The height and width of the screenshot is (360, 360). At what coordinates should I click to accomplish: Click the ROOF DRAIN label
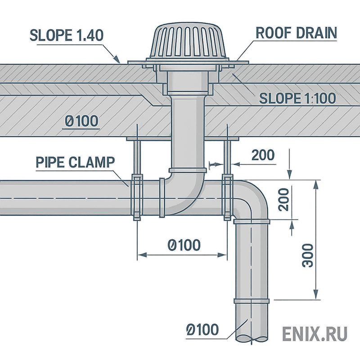[x=296, y=33]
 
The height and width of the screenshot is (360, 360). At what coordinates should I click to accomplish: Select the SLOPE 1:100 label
[x=297, y=98]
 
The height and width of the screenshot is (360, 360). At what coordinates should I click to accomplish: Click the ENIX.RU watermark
[x=315, y=334]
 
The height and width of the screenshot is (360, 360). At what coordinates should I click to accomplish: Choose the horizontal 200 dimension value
[x=263, y=155]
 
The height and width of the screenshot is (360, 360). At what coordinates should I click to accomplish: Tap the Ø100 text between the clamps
[x=184, y=245]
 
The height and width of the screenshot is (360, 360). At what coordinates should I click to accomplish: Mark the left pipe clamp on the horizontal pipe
[x=136, y=197]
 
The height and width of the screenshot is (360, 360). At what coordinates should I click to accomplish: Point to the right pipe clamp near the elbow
[x=228, y=197]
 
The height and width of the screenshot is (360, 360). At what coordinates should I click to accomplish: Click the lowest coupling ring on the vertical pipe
[x=251, y=301]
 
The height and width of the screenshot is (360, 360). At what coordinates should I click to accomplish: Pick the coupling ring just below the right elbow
[x=251, y=221]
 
